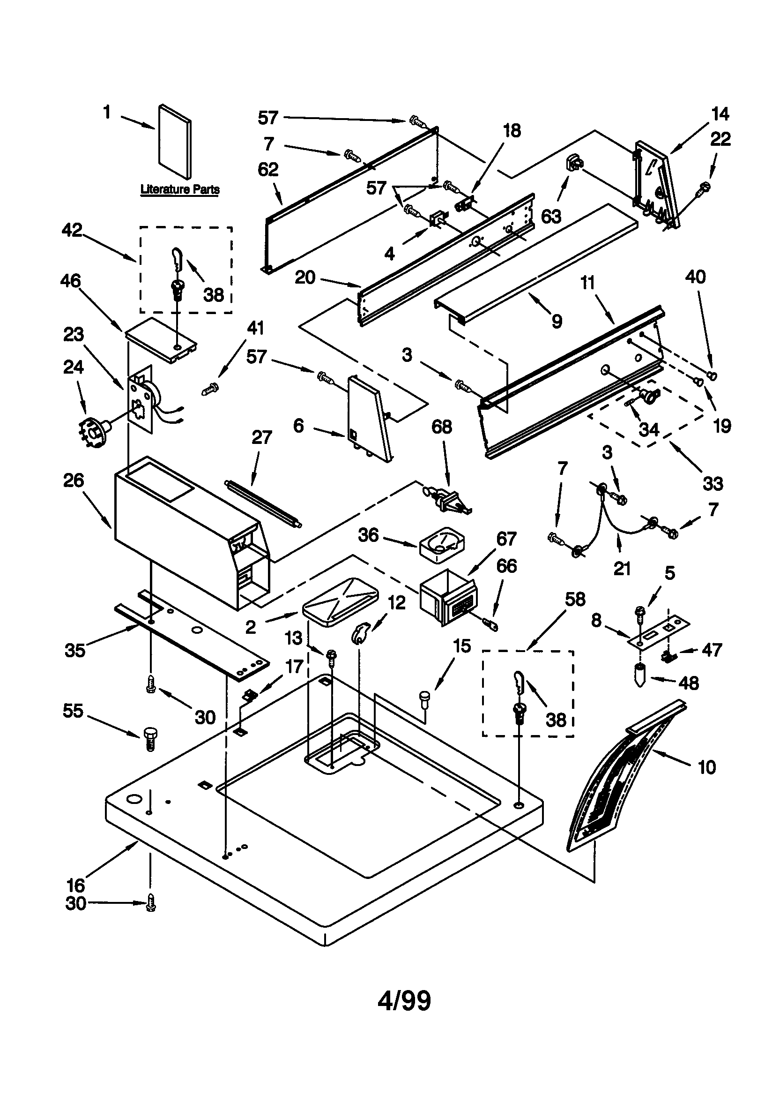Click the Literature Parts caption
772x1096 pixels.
(180, 189)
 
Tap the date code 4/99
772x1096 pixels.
(404, 1001)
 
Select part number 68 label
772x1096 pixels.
(441, 427)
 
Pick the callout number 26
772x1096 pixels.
(74, 480)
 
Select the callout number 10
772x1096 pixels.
(706, 767)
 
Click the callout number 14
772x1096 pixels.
(720, 113)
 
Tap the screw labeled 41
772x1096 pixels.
(210, 389)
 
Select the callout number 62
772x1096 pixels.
(267, 169)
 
